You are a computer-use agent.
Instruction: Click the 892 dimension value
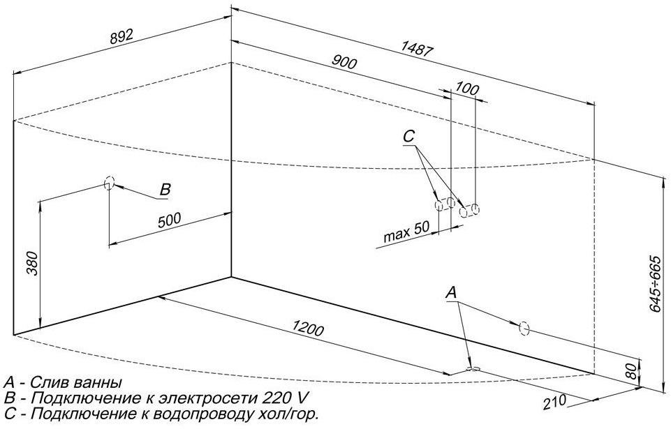122,36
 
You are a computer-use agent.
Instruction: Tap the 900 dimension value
344,63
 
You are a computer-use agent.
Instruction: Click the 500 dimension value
170,220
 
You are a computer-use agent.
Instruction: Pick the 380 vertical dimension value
33,263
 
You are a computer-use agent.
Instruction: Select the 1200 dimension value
308,329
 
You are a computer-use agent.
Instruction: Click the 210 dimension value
554,402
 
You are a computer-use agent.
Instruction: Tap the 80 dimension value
631,371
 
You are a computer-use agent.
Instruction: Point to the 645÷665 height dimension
655,284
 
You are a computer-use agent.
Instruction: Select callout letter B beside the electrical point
165,190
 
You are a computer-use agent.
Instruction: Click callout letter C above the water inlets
409,137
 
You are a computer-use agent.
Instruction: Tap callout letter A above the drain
452,293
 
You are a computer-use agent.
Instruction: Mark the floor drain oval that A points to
473,368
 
